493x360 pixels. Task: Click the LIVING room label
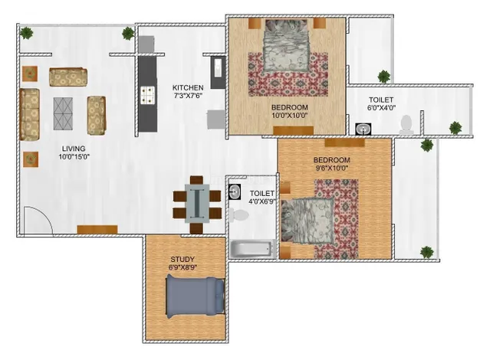click(x=74, y=149)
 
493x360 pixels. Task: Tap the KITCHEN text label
click(x=188, y=87)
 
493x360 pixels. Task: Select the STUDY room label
click(x=182, y=259)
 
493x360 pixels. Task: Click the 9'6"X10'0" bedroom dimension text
click(x=331, y=169)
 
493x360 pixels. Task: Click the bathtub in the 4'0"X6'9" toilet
click(x=251, y=249)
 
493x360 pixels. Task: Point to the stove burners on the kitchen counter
click(x=145, y=94)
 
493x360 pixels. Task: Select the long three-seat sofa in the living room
click(x=30, y=115)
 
